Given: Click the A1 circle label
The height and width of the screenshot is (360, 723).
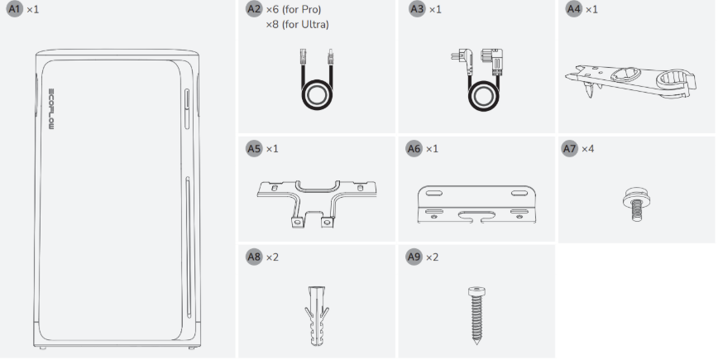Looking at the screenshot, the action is [15, 9].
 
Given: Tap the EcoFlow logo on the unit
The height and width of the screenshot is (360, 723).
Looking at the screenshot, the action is [51, 109].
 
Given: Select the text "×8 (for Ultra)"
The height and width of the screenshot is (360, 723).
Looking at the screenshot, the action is [298, 25].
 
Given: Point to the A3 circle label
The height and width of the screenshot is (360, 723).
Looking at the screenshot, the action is [417, 9].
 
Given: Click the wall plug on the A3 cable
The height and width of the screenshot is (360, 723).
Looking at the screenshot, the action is [462, 61].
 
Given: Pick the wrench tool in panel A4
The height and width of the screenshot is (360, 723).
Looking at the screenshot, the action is [631, 81].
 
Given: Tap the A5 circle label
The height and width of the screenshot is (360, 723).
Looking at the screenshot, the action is [254, 149].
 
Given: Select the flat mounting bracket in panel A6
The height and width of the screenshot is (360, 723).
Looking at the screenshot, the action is [476, 204].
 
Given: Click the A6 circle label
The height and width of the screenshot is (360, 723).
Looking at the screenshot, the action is [414, 149].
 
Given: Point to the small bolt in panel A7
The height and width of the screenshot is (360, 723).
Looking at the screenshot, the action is [636, 204].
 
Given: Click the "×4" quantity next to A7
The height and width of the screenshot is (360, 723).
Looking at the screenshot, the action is [588, 149].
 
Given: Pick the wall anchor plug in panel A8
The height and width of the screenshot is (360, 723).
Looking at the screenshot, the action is [317, 315].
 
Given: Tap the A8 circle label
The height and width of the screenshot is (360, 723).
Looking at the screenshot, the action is [254, 257].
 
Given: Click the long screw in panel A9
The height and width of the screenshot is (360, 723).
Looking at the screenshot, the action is [476, 315].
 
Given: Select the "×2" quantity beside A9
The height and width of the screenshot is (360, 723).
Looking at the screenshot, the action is [432, 257].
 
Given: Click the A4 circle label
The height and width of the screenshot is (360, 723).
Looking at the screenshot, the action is [574, 9].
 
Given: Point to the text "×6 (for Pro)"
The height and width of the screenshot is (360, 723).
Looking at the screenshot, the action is [294, 9].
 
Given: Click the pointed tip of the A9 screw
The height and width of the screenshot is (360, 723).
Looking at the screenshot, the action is [476, 344].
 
